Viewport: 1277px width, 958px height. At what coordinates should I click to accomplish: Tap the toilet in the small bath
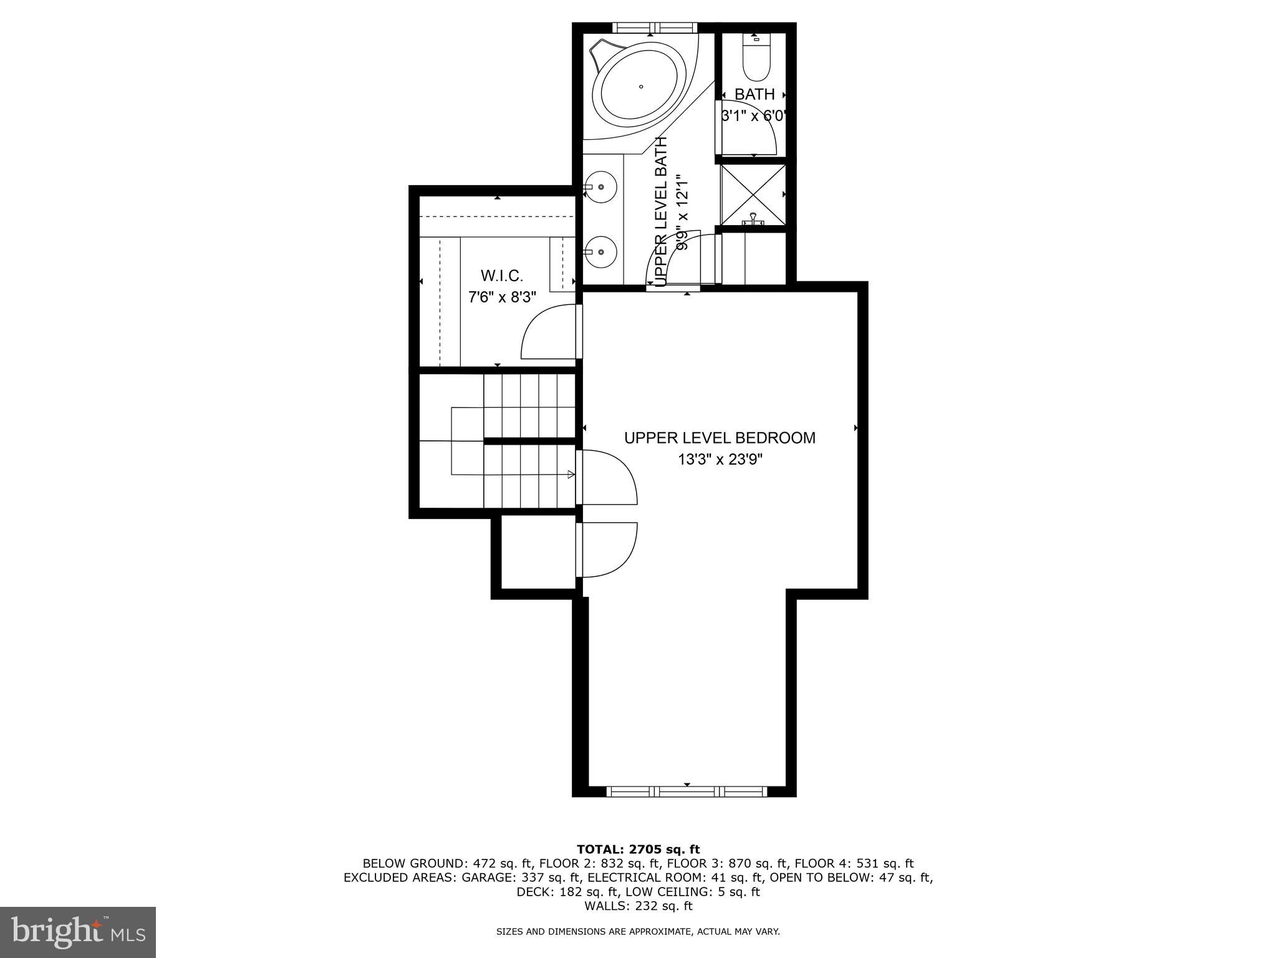click(x=756, y=60)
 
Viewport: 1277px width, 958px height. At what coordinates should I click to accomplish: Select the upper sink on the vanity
click(x=600, y=186)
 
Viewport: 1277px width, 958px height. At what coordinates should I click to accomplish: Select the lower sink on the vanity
click(x=600, y=252)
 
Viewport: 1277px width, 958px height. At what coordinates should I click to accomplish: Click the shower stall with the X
click(x=753, y=194)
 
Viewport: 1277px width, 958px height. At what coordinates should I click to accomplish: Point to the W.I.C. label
click(x=501, y=276)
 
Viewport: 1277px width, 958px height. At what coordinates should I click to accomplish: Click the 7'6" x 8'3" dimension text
click(x=502, y=297)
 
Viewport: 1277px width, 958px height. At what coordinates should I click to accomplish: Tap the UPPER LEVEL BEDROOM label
click(x=720, y=438)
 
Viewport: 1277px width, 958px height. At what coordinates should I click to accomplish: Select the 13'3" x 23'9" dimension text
click(x=720, y=460)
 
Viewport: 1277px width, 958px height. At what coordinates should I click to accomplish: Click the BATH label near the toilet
click(x=754, y=95)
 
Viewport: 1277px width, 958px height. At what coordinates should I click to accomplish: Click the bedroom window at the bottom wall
click(x=687, y=791)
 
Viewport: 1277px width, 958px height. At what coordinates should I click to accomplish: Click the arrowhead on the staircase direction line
click(x=571, y=475)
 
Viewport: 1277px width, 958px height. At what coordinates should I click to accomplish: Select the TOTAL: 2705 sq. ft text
click(x=638, y=849)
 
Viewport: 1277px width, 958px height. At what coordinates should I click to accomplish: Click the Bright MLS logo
click(x=78, y=931)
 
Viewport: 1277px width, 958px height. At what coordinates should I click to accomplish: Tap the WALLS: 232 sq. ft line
click(x=638, y=906)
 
